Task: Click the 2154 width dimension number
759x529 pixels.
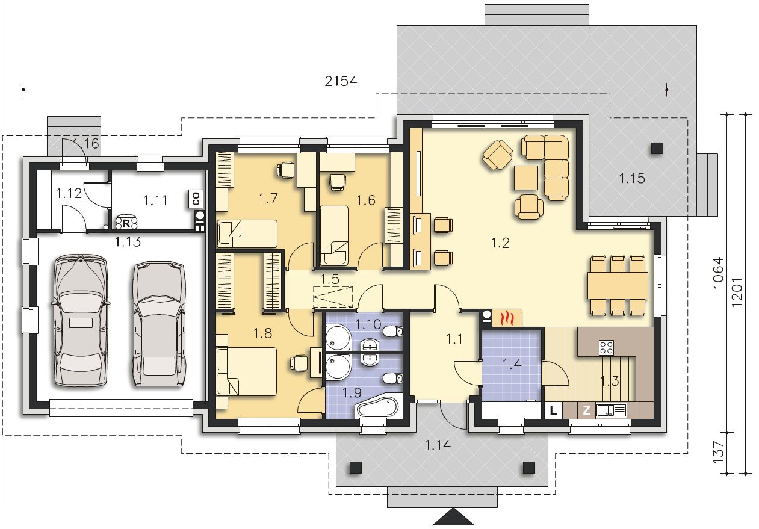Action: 341,81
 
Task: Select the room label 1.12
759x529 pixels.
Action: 69,194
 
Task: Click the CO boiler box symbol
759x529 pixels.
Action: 196,199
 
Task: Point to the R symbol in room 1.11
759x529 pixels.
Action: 126,223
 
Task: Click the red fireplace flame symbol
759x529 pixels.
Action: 507,318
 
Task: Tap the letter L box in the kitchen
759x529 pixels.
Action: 553,411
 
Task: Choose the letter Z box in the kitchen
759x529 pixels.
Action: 586,411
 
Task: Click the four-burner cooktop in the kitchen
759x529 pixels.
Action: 606,347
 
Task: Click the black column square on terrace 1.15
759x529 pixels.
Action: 657,149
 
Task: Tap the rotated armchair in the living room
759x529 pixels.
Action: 498,155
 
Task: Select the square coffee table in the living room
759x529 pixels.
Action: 526,178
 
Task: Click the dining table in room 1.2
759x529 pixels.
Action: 618,285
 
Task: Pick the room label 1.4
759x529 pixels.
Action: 511,364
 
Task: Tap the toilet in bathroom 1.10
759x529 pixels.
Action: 394,331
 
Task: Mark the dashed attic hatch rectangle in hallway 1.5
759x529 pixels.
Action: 333,297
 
